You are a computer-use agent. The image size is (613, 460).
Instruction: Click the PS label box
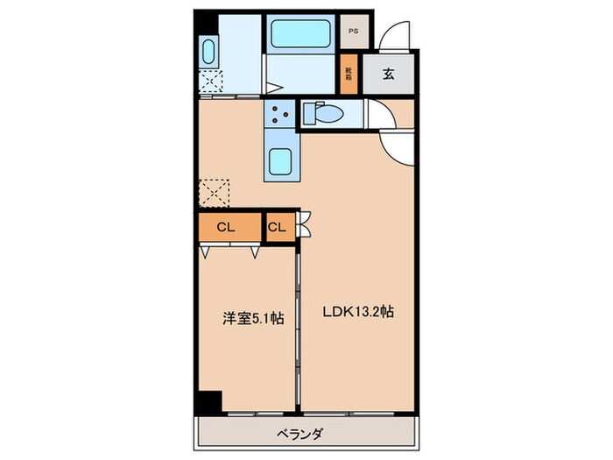(353, 32)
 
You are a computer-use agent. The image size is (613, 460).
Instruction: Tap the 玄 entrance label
(388, 74)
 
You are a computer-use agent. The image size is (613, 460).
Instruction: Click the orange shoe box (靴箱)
(348, 73)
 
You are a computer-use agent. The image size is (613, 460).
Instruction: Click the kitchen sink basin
(281, 160)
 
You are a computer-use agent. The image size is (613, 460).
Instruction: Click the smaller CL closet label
(277, 228)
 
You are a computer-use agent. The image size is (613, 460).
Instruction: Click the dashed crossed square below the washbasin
(211, 81)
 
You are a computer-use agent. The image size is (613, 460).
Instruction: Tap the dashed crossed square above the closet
(213, 192)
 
